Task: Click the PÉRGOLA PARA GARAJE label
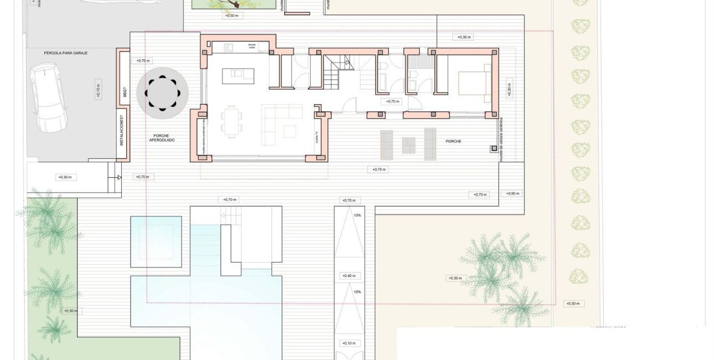[66, 53]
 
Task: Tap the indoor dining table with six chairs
[232, 121]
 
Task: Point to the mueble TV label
[317, 137]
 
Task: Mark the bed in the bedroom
[472, 84]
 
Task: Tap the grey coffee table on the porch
[409, 144]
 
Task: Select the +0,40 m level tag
[348, 275]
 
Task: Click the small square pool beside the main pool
[156, 241]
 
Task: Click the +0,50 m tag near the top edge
[232, 16]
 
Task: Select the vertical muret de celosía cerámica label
[501, 138]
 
